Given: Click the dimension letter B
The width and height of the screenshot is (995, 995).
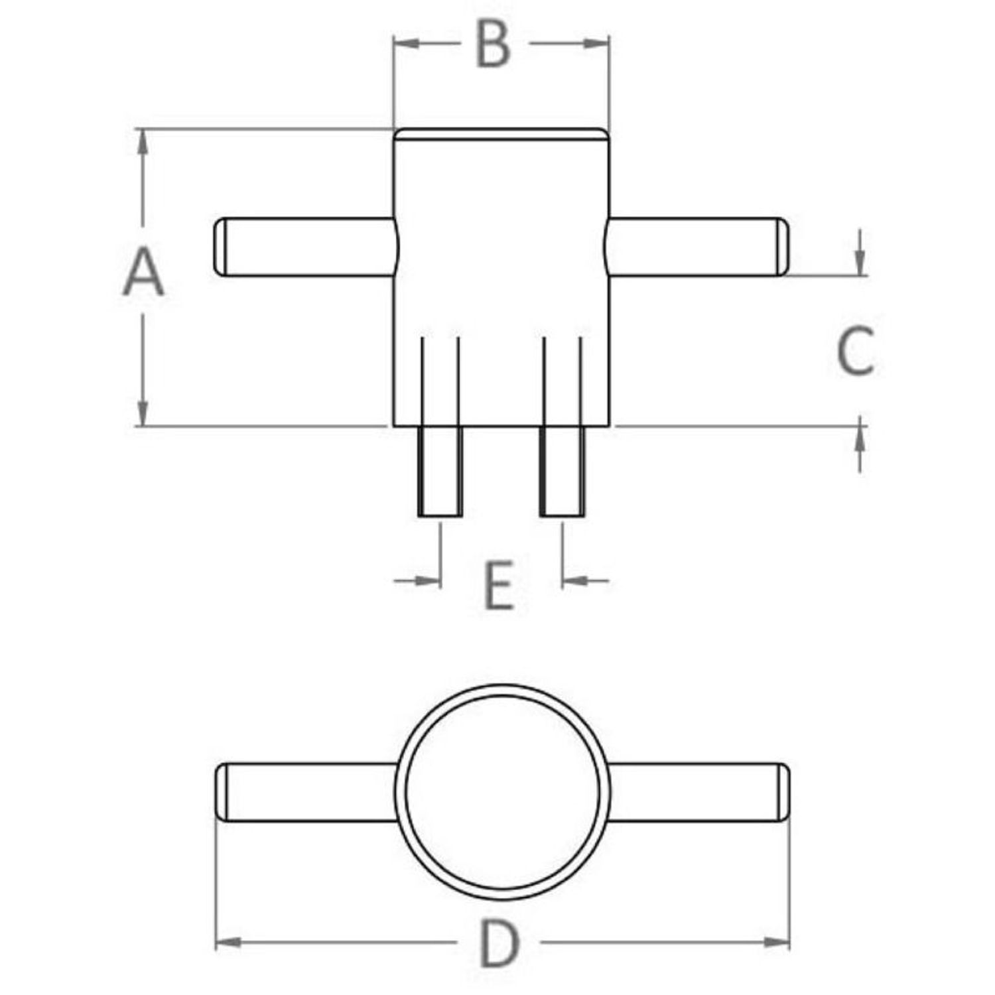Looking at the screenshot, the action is point(494,45).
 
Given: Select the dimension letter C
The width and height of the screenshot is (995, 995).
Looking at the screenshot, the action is point(855,350).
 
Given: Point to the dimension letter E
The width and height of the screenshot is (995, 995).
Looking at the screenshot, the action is point(499,585).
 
